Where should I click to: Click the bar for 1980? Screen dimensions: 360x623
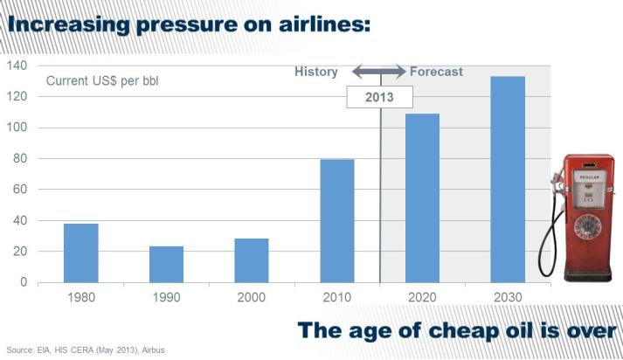coord(80,253)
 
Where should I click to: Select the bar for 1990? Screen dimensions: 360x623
coord(166,264)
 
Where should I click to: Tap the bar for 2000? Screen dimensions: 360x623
coord(252,260)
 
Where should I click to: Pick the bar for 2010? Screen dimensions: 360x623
coord(336,220)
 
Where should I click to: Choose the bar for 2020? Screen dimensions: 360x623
coord(422,197)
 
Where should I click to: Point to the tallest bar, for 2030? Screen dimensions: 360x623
coord(508,179)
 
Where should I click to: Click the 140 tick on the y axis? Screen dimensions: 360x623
coord(18,66)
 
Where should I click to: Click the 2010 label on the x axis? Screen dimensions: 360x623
coord(337,299)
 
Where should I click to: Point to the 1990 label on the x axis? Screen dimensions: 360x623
coord(166,299)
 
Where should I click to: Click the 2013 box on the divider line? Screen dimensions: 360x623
coord(379,97)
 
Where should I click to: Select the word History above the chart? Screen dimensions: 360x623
coord(316,72)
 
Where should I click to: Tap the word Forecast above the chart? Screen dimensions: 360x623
coord(436,72)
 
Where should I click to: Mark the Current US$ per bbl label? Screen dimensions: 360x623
coord(101,82)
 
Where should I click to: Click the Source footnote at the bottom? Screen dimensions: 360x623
coord(85,350)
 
